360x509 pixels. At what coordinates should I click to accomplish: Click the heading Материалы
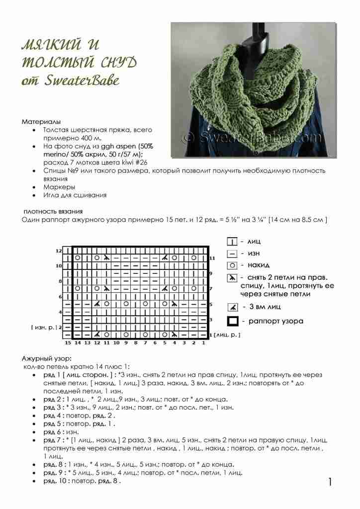coord(41,122)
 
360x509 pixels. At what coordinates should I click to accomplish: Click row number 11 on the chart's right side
coord(212,258)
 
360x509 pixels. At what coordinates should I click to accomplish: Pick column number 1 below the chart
coord(203,343)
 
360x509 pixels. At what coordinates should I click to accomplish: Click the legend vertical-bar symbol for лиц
coord(232,242)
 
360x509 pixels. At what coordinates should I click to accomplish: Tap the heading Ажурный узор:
coord(47,358)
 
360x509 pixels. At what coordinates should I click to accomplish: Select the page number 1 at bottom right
coord(330,481)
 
